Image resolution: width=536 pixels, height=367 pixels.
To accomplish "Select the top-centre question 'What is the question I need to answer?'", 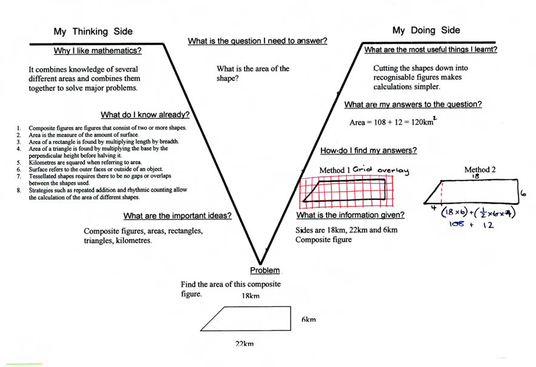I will click(258, 42).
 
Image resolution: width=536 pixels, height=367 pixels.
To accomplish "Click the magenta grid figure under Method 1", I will click(346, 190).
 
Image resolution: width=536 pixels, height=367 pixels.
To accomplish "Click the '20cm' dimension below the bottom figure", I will click(246, 343).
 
